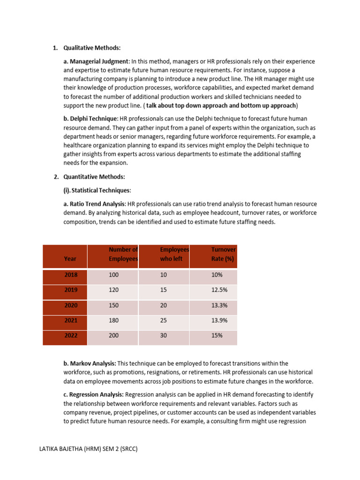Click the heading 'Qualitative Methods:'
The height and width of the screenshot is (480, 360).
click(x=92, y=48)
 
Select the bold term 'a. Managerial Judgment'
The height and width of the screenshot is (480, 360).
click(x=96, y=61)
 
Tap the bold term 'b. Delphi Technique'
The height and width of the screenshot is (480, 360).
click(x=91, y=119)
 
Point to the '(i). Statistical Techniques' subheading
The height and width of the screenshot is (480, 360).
click(x=97, y=190)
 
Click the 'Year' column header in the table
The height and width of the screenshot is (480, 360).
click(x=70, y=258)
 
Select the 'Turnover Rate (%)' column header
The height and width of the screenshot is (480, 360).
click(x=223, y=254)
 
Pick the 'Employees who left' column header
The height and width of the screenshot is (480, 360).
click(x=174, y=254)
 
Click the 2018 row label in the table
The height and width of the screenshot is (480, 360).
click(x=71, y=275)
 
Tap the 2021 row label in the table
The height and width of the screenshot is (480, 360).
click(x=71, y=321)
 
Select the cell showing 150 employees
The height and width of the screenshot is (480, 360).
click(x=114, y=306)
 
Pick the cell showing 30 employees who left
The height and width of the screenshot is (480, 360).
click(x=164, y=336)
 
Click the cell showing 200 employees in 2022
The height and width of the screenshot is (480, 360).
click(x=114, y=336)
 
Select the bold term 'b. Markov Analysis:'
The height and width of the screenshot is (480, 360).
click(x=90, y=363)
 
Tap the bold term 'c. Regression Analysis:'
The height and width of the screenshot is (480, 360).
click(x=94, y=394)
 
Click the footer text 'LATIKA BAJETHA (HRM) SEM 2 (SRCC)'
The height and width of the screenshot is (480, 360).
click(x=89, y=449)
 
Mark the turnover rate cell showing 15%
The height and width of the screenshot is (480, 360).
click(x=217, y=336)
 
